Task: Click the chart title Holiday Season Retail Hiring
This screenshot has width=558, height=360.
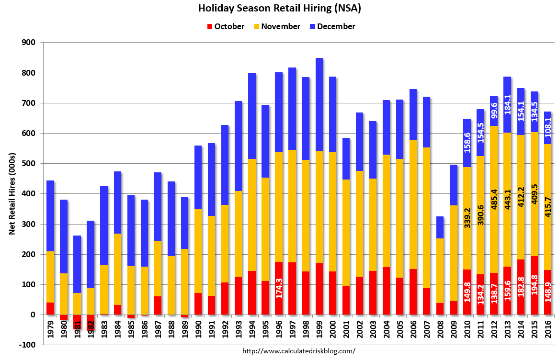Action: click(280, 8)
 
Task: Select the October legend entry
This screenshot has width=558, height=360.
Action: click(226, 27)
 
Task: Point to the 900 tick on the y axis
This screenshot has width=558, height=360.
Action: click(29, 43)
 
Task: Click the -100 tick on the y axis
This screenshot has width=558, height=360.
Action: click(28, 345)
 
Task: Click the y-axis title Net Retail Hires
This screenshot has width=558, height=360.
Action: click(12, 194)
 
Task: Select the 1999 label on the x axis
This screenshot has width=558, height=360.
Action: click(319, 330)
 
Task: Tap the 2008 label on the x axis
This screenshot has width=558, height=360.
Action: click(440, 330)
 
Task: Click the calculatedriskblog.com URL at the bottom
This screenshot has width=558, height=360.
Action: click(299, 351)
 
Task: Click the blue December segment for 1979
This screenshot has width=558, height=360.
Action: click(50, 215)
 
